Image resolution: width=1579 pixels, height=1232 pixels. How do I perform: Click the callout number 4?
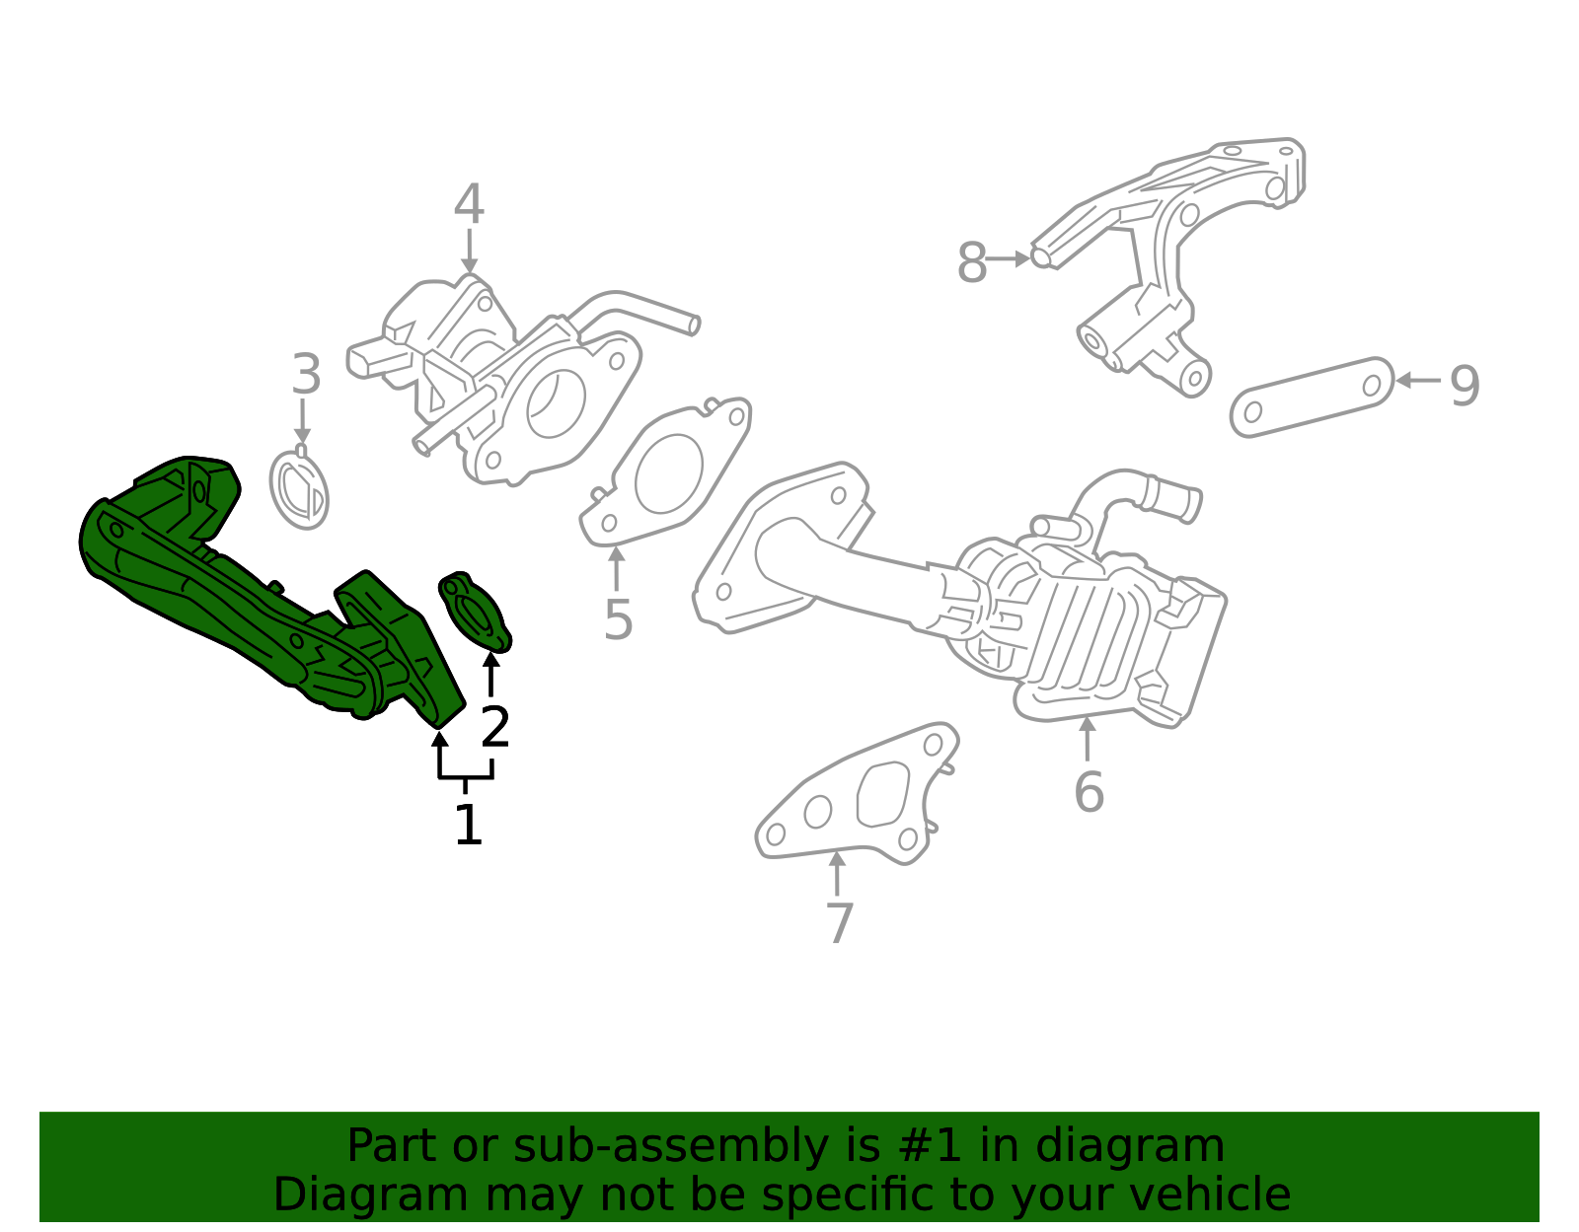click(469, 205)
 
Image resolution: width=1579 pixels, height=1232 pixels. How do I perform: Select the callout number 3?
click(307, 376)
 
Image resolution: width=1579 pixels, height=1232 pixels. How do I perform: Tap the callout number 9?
click(1465, 385)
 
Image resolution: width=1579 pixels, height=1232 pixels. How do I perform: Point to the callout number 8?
click(972, 263)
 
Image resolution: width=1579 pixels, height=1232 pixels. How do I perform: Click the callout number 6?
click(1089, 792)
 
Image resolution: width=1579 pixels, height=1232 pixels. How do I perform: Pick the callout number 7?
click(839, 923)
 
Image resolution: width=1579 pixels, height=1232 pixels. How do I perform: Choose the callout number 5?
click(618, 620)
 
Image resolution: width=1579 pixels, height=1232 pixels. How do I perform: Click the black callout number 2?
click(494, 728)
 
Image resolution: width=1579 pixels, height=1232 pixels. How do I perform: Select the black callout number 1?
click(468, 825)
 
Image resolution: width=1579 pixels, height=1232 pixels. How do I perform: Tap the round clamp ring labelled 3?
click(299, 489)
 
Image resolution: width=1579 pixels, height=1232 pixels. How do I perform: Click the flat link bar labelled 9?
click(1312, 397)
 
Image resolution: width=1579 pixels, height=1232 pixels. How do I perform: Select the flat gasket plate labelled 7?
click(857, 798)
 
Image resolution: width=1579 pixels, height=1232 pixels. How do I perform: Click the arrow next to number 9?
click(1417, 380)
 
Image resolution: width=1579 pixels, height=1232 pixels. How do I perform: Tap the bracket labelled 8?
click(1165, 247)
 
